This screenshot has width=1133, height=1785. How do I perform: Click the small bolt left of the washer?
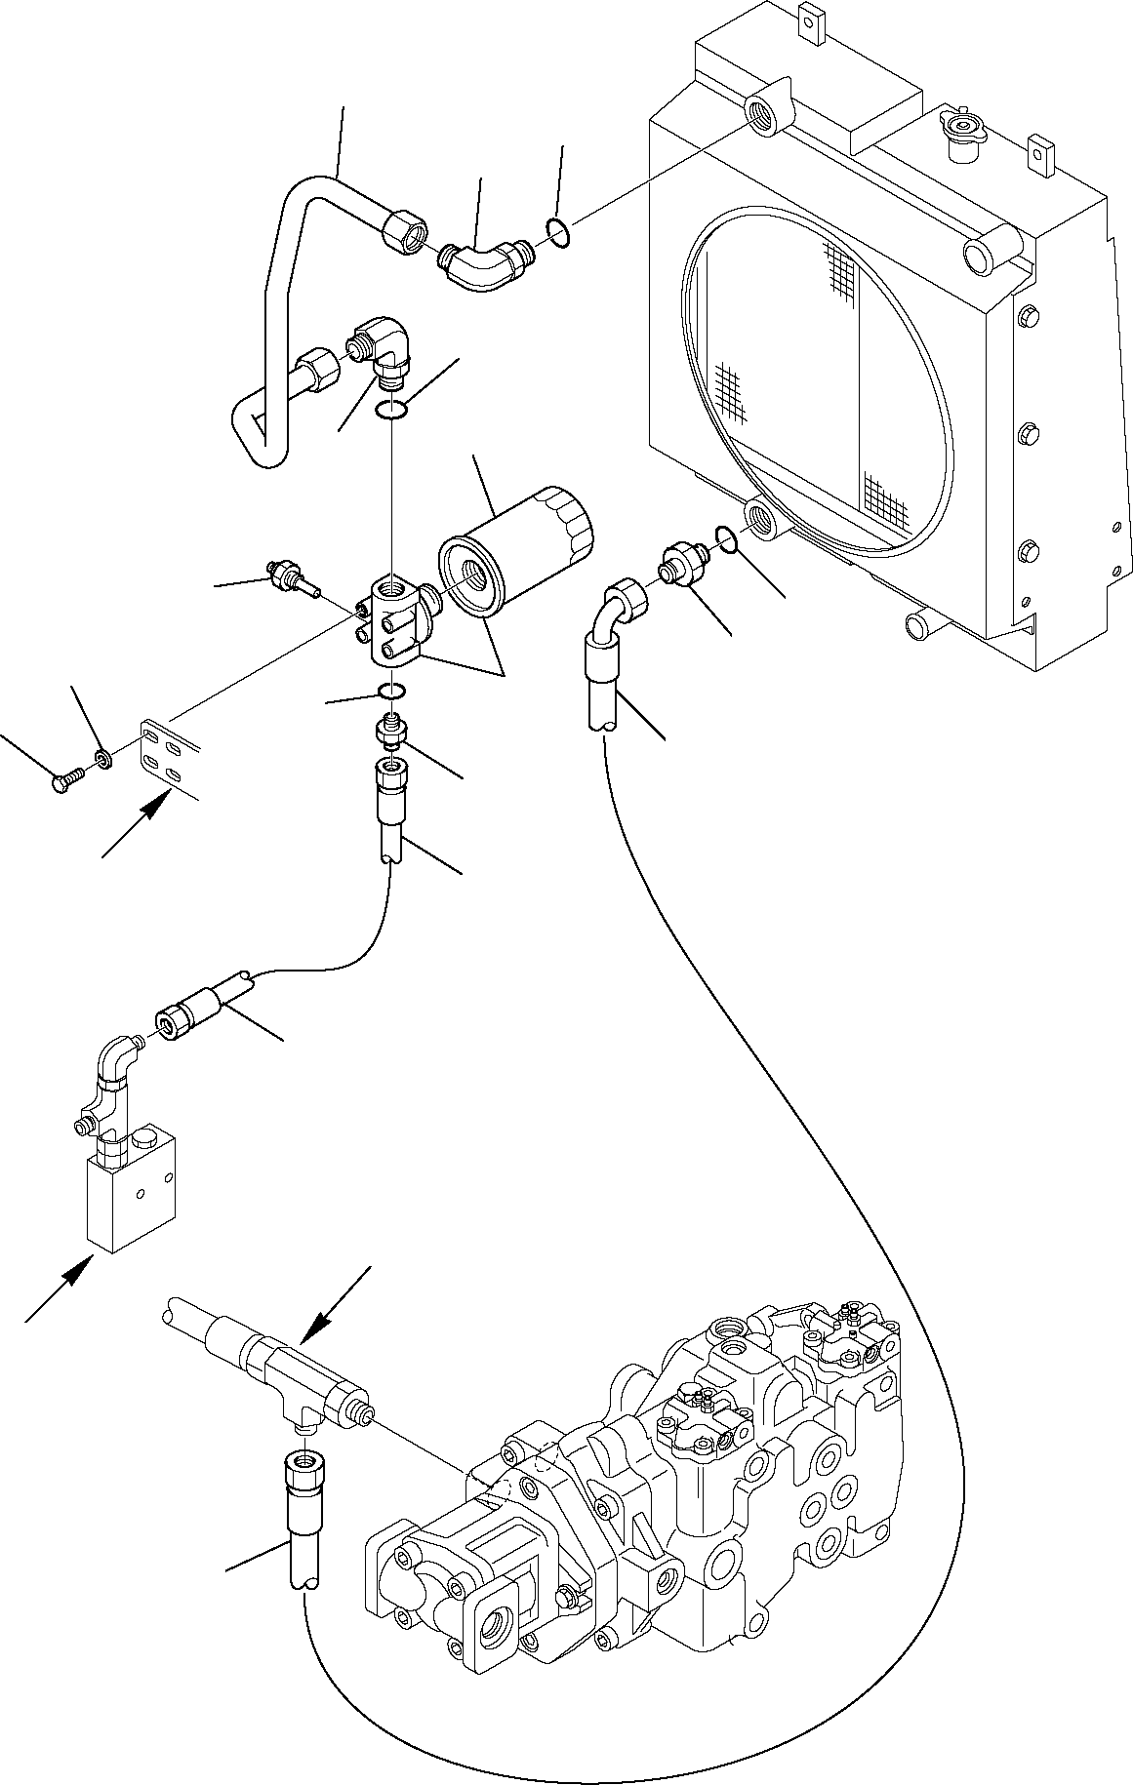click(63, 782)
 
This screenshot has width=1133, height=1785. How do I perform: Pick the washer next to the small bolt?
click(102, 756)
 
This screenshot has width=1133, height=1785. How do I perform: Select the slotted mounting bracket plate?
click(167, 751)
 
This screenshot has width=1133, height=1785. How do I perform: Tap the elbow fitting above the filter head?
click(384, 350)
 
